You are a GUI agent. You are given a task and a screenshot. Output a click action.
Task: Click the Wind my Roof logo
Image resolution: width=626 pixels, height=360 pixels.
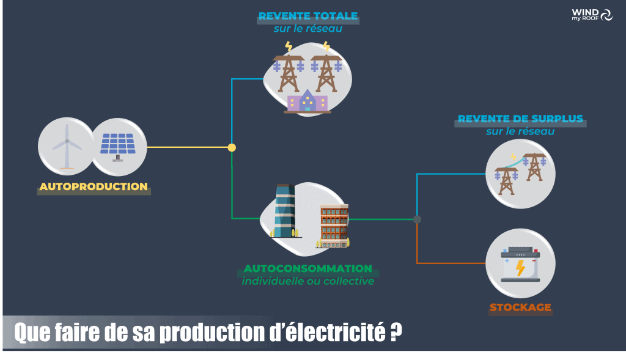[592, 15]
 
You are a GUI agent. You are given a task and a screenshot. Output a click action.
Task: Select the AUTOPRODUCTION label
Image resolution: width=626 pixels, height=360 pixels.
[94, 186]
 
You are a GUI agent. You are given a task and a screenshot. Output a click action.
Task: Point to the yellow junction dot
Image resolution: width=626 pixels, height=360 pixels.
[232, 148]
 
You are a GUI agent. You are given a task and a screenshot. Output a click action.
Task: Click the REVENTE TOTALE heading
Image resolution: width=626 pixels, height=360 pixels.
[308, 16]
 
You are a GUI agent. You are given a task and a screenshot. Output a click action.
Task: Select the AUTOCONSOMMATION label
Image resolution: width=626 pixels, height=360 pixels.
[308, 268]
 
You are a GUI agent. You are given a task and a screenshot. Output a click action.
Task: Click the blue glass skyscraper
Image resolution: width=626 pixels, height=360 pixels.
[285, 211]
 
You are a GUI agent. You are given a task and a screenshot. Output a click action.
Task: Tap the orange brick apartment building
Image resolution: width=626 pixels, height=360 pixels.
[334, 226]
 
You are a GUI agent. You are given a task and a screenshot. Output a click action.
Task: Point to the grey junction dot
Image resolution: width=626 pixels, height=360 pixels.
[417, 219]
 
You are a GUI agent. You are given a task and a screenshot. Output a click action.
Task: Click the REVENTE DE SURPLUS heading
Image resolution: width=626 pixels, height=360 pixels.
[520, 119]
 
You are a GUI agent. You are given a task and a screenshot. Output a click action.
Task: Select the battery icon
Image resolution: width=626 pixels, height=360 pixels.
[520, 264]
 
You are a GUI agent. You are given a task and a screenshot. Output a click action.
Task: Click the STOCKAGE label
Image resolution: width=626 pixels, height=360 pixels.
[520, 307]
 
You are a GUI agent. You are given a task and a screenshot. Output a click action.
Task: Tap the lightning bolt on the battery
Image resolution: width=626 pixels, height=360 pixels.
[520, 268]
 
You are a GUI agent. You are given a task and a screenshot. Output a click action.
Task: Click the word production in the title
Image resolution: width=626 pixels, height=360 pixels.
[212, 332]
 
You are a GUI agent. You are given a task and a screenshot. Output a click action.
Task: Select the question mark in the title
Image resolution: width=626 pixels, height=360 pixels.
[396, 332]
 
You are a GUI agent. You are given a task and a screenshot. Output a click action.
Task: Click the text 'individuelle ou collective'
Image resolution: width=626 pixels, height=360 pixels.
[308, 281]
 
